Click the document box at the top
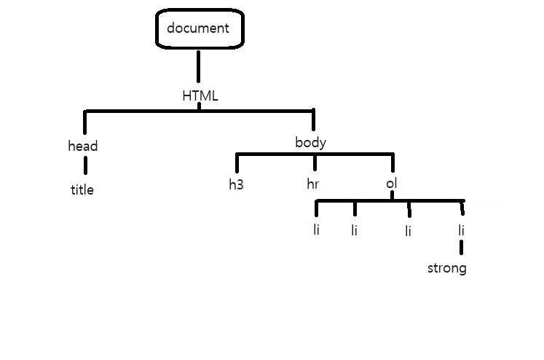(x=198, y=30)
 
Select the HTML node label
(x=200, y=95)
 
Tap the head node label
(x=83, y=146)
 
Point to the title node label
(x=82, y=190)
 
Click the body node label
(x=310, y=142)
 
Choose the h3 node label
(x=236, y=184)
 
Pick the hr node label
(x=312, y=184)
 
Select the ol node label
(x=391, y=183)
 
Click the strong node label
(x=446, y=268)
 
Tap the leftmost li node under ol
(x=316, y=231)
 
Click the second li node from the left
(x=354, y=231)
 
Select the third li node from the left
(x=409, y=232)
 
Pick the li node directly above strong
(x=462, y=231)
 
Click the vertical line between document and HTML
(x=198, y=66)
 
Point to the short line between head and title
(x=84, y=165)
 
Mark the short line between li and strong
(x=462, y=249)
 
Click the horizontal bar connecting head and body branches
(x=200, y=111)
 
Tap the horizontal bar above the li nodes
(x=390, y=200)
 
